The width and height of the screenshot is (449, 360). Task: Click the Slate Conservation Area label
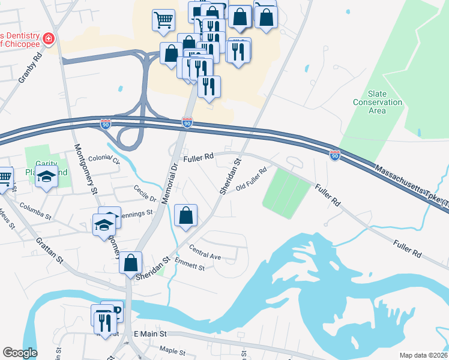(385, 102)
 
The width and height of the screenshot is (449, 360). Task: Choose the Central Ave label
(206, 253)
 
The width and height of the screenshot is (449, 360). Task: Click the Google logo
(20, 353)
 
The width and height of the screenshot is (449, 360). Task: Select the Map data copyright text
(423, 355)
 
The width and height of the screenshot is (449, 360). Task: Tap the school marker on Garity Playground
(45, 177)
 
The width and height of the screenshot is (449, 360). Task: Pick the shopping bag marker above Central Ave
(186, 215)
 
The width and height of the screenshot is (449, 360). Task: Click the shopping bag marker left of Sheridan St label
(130, 262)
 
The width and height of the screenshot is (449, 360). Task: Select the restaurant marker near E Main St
(106, 322)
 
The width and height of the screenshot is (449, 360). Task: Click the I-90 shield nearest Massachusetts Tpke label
(335, 155)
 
